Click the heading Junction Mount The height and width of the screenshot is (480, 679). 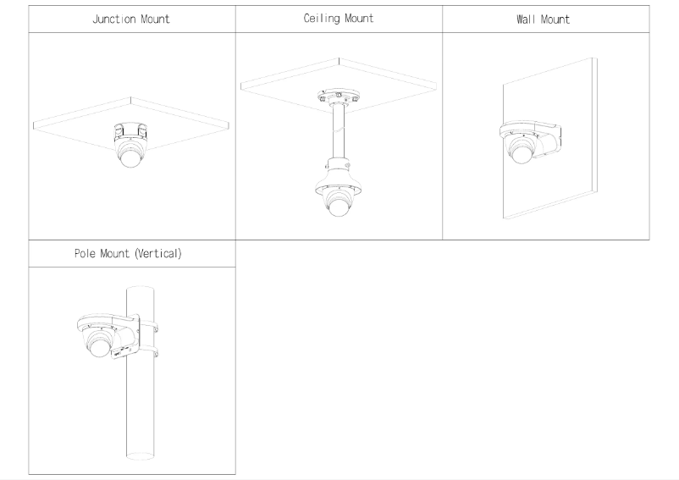pos(131,19)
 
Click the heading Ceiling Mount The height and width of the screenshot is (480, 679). pos(339,18)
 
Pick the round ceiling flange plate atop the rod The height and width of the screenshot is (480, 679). pos(339,96)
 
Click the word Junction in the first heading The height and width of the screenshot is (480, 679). pos(112,19)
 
